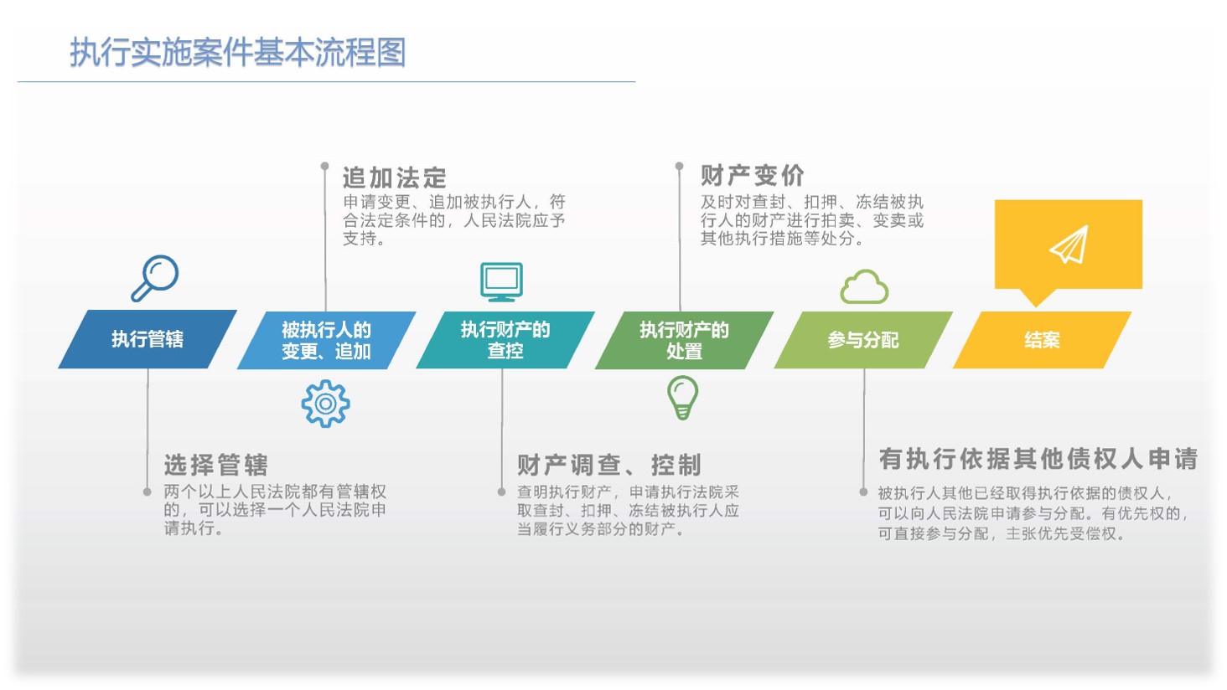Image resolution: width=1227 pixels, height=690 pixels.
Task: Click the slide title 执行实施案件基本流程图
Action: (x=238, y=53)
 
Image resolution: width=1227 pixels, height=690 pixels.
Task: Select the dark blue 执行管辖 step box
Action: (x=148, y=339)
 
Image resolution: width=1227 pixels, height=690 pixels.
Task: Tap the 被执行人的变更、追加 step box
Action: (x=327, y=340)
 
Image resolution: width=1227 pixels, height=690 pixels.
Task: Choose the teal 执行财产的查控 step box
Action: (x=505, y=340)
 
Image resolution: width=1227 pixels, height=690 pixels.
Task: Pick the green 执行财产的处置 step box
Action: (x=684, y=340)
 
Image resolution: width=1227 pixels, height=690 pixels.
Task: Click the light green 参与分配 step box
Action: (x=863, y=340)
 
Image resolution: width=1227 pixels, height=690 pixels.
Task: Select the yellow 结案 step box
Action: (x=1042, y=340)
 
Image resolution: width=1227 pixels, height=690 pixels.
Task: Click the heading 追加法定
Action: (x=395, y=178)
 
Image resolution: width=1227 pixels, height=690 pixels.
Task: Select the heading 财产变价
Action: (x=753, y=176)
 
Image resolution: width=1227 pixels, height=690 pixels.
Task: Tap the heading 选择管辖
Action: (x=216, y=465)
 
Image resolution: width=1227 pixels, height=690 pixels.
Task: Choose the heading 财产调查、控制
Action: (x=609, y=465)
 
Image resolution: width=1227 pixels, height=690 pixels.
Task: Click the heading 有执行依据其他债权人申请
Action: (x=1038, y=459)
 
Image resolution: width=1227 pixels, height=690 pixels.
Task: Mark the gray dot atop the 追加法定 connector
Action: (x=325, y=165)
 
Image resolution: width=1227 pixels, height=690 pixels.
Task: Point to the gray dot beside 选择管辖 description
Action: (x=147, y=492)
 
